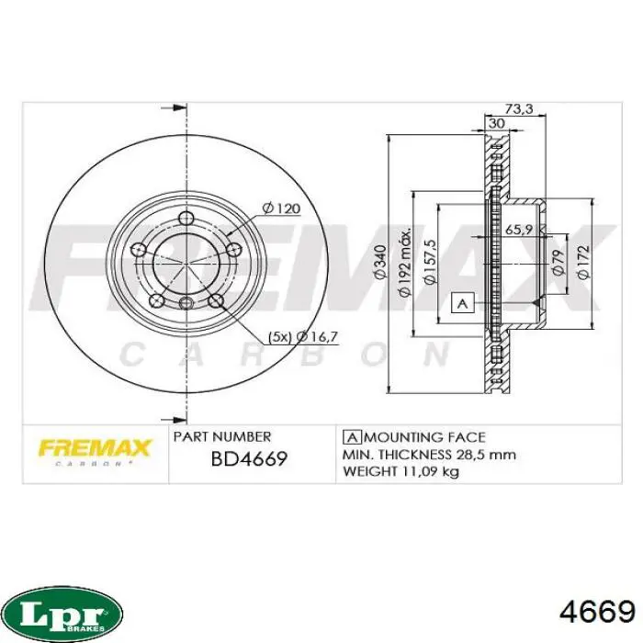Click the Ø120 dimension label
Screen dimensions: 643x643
pos(281,209)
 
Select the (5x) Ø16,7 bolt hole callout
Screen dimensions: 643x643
pos(303,337)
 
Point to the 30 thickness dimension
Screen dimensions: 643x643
pos(497,123)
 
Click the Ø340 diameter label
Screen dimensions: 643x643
pos(381,262)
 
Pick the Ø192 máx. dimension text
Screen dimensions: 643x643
pos(405,262)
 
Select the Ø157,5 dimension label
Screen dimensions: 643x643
pos(429,262)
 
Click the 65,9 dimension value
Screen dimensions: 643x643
pos(519,230)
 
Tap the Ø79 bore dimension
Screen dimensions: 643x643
pos(558,262)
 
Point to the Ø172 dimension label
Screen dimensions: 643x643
pos(583,262)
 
